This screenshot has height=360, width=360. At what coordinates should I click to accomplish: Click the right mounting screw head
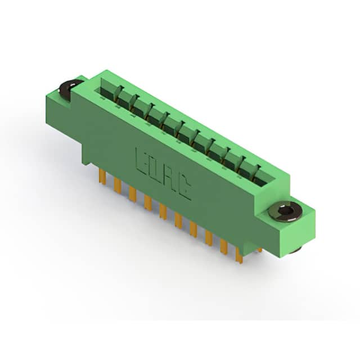coord(285,211)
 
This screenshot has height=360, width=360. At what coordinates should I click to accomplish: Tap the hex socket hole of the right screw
coord(284,209)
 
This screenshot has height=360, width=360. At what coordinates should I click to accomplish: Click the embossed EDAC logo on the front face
coord(164,173)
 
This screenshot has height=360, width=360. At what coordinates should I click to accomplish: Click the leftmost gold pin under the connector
coord(102,176)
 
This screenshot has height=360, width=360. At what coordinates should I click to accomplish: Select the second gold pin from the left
coord(118,185)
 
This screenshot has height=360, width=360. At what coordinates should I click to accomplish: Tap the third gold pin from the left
coord(133,194)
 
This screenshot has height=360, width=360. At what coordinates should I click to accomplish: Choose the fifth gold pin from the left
coord(163,211)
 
